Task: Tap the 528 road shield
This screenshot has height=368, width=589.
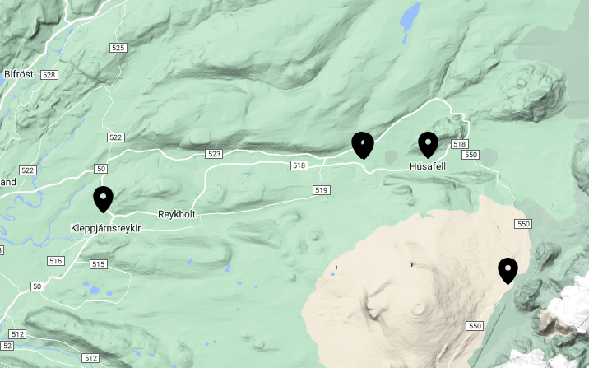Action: tap(49, 75)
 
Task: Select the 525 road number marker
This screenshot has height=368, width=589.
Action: tap(118, 48)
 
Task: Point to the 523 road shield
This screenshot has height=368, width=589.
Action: tap(215, 154)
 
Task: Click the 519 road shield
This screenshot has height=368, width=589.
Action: tap(321, 191)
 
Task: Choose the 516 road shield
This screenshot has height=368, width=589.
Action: tap(56, 261)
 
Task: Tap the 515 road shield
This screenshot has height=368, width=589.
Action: tap(99, 264)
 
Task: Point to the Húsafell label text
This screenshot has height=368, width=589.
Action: tap(427, 166)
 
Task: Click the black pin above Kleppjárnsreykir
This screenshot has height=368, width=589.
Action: tap(103, 198)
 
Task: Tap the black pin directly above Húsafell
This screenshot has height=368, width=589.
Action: tap(428, 144)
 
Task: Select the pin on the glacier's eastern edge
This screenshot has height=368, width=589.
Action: tap(508, 270)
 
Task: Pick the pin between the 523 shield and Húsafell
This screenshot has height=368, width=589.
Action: tap(362, 145)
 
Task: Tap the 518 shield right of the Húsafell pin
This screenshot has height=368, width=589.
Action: tap(459, 144)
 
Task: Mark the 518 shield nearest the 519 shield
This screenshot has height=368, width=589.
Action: tap(299, 165)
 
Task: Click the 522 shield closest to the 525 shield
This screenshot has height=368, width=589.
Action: tap(115, 137)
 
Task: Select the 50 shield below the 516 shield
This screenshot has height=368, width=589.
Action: tap(36, 286)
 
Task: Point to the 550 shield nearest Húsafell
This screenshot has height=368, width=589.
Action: tap(471, 155)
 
